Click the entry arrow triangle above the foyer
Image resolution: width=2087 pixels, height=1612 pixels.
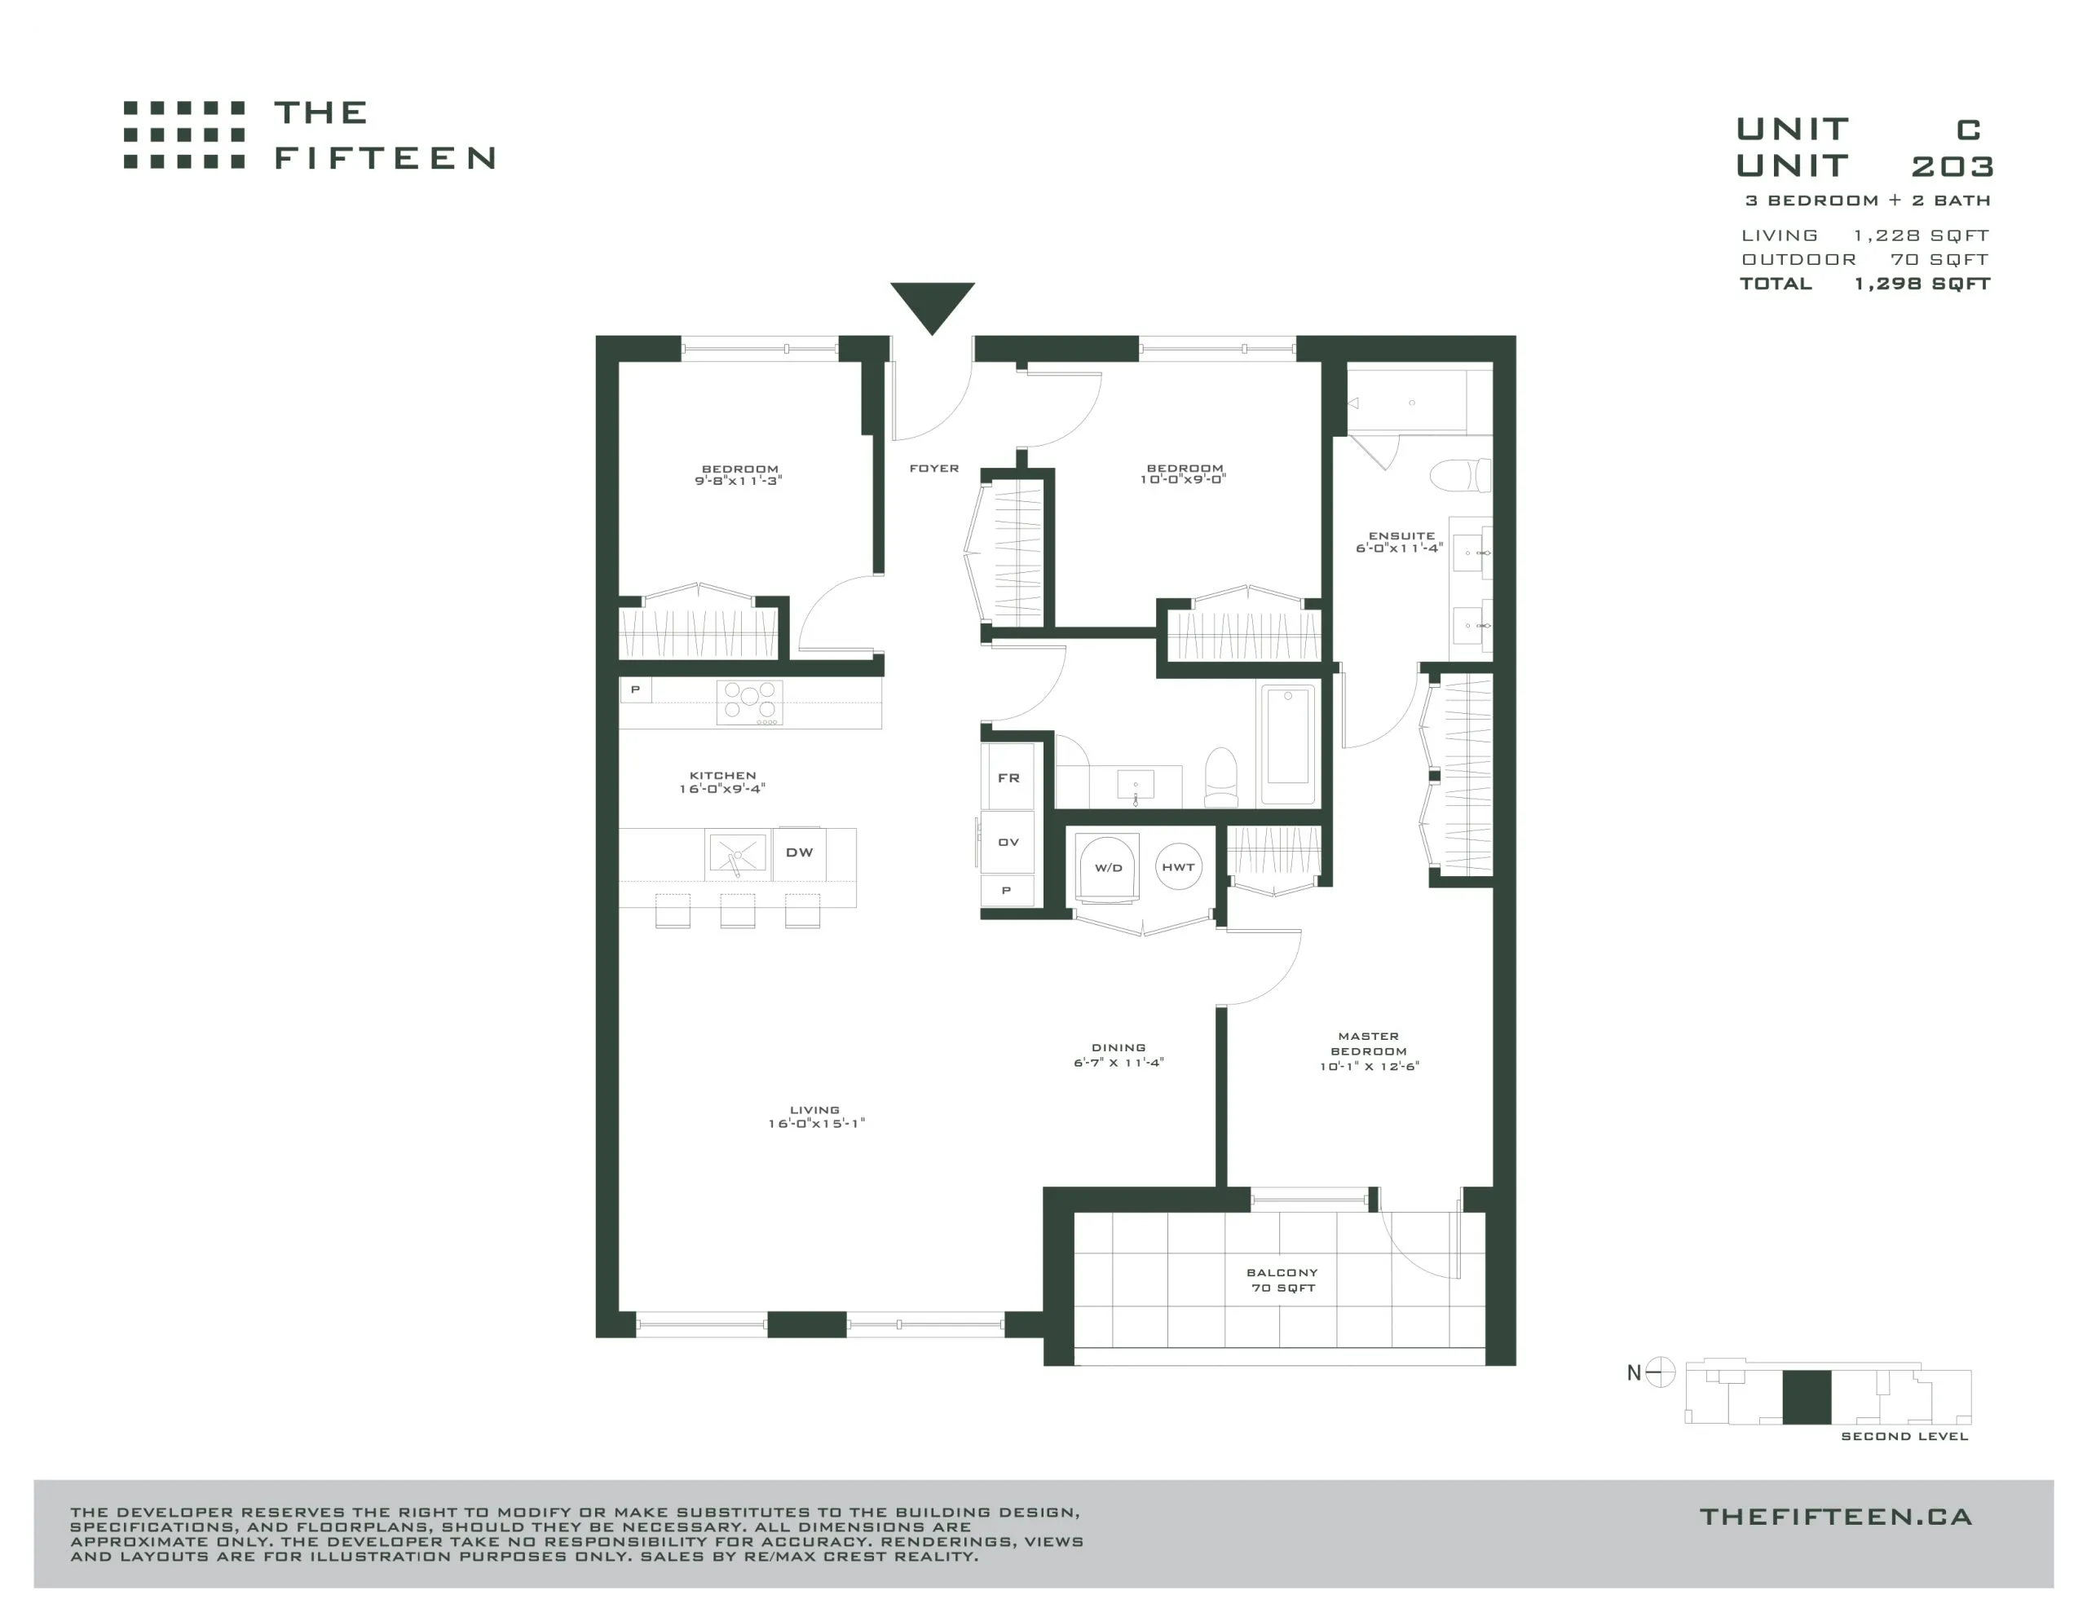pyautogui.click(x=932, y=304)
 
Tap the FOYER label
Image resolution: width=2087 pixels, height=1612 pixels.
pyautogui.click(x=933, y=469)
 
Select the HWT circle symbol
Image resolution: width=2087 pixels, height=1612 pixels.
pyautogui.click(x=1178, y=866)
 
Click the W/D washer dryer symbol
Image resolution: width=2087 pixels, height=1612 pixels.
pyautogui.click(x=1108, y=868)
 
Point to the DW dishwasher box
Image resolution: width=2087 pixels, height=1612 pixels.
pyautogui.click(x=799, y=852)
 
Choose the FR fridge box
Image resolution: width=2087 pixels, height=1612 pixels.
pyautogui.click(x=1008, y=777)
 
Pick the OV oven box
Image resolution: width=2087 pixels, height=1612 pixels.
pyautogui.click(x=1008, y=842)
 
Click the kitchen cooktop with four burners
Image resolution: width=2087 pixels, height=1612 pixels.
pyautogui.click(x=750, y=703)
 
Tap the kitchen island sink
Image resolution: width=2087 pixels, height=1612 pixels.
pyautogui.click(x=737, y=853)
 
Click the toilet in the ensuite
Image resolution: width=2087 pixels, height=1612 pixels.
pyautogui.click(x=1460, y=475)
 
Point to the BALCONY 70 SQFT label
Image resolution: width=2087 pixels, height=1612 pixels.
pyautogui.click(x=1282, y=1280)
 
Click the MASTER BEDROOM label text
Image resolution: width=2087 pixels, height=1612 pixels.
pyautogui.click(x=1369, y=1043)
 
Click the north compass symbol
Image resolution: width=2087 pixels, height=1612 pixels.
pyautogui.click(x=1661, y=1372)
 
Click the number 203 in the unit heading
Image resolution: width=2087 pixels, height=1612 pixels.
pyautogui.click(x=1952, y=166)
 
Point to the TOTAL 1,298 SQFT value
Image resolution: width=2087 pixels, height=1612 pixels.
pyautogui.click(x=1922, y=284)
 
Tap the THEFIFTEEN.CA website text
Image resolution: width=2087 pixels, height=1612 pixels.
pyautogui.click(x=1836, y=1517)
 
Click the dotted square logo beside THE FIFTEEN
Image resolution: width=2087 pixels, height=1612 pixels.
pyautogui.click(x=184, y=134)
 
